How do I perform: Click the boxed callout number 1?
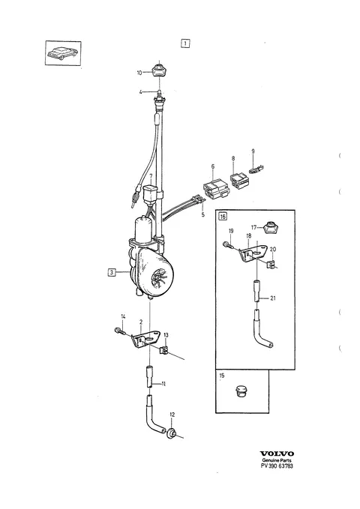tap(184, 43)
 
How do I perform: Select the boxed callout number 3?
tap(112, 272)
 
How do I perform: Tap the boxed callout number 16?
tap(223, 216)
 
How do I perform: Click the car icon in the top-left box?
tap(62, 53)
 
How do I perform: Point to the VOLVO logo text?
tap(277, 454)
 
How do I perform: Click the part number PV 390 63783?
tap(277, 466)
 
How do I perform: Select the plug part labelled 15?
tap(240, 391)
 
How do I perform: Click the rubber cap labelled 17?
tap(269, 228)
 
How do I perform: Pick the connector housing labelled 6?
tap(214, 189)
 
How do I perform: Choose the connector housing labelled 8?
tap(239, 180)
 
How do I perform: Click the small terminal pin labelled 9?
tap(256, 169)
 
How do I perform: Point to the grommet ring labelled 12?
tap(171, 433)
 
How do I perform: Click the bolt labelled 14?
tap(120, 332)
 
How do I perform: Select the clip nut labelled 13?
tap(163, 349)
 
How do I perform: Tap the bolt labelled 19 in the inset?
tap(228, 245)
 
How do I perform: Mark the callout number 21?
tap(272, 298)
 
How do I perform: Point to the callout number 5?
tap(202, 214)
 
